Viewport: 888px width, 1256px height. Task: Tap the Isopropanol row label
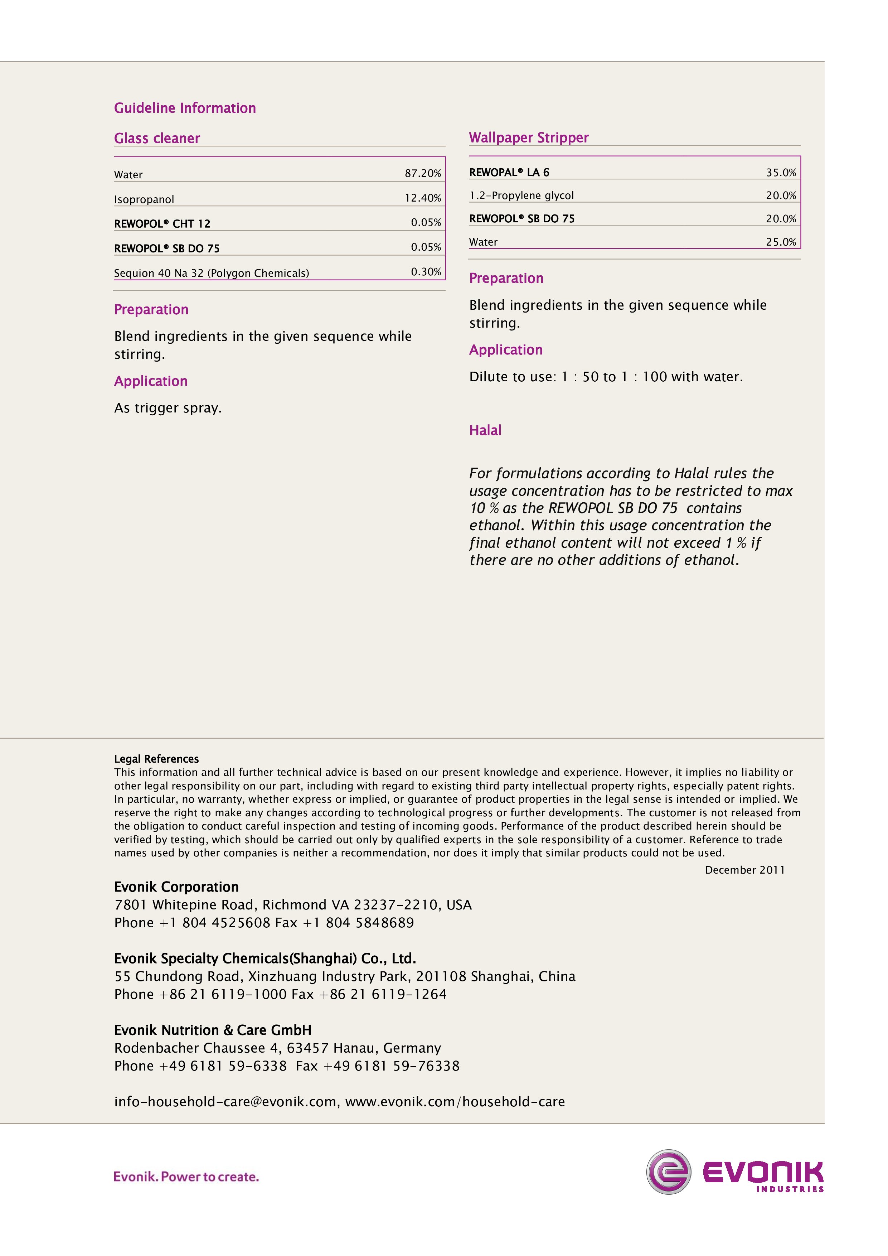coord(144,199)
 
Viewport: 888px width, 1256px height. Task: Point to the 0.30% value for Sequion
coord(426,272)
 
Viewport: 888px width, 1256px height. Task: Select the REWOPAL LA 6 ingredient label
coord(509,172)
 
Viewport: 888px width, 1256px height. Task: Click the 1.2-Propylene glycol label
coord(521,195)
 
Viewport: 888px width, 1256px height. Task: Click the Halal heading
coord(485,430)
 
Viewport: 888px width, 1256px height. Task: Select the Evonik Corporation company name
coord(176,887)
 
